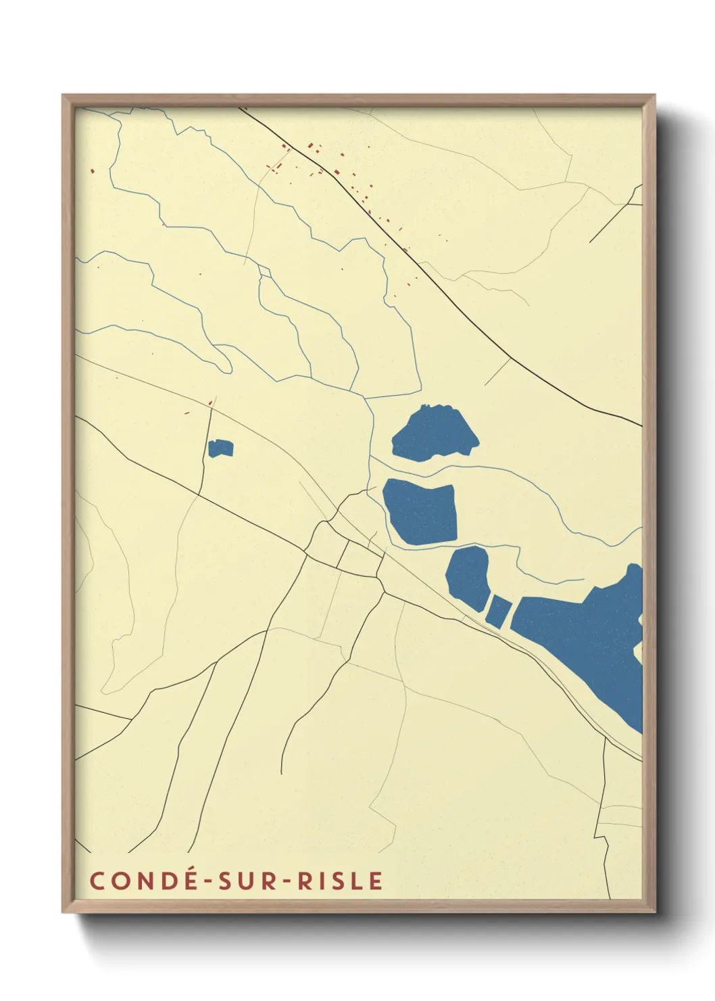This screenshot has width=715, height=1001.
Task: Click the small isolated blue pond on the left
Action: point(220,448)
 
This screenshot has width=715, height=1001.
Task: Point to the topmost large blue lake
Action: point(434,433)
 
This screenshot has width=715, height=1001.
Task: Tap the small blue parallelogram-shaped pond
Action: point(498,611)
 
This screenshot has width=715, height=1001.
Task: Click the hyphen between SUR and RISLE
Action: point(286,881)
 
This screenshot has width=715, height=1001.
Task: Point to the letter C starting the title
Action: point(98,881)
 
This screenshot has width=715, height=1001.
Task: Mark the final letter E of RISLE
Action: point(376,881)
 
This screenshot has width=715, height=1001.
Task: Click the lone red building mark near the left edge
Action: point(92,170)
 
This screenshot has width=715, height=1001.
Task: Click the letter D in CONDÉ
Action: point(168,881)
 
